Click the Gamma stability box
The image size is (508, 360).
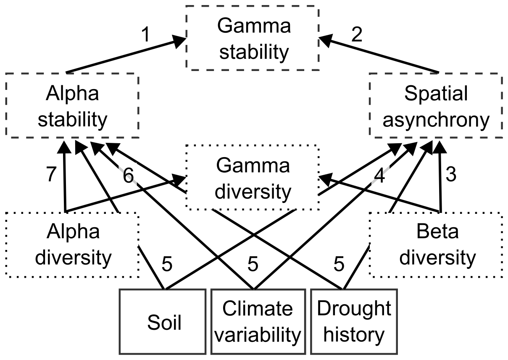click(253, 39)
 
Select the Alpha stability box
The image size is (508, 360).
click(72, 105)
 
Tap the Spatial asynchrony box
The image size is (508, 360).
click(436, 105)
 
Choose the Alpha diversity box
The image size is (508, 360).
click(72, 244)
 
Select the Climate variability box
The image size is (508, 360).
click(257, 321)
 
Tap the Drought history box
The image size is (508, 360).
click(354, 321)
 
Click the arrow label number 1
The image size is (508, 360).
click(145, 35)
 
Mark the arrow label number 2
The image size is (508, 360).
click(356, 35)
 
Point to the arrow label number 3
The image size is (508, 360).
click(451, 175)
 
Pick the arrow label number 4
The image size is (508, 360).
click(379, 176)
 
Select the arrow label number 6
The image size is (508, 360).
click(129, 176)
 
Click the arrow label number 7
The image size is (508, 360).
click(51, 175)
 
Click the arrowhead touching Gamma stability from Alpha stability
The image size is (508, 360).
click(179, 41)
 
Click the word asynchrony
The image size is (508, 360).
click(436, 120)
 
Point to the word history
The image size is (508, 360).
click(354, 335)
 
